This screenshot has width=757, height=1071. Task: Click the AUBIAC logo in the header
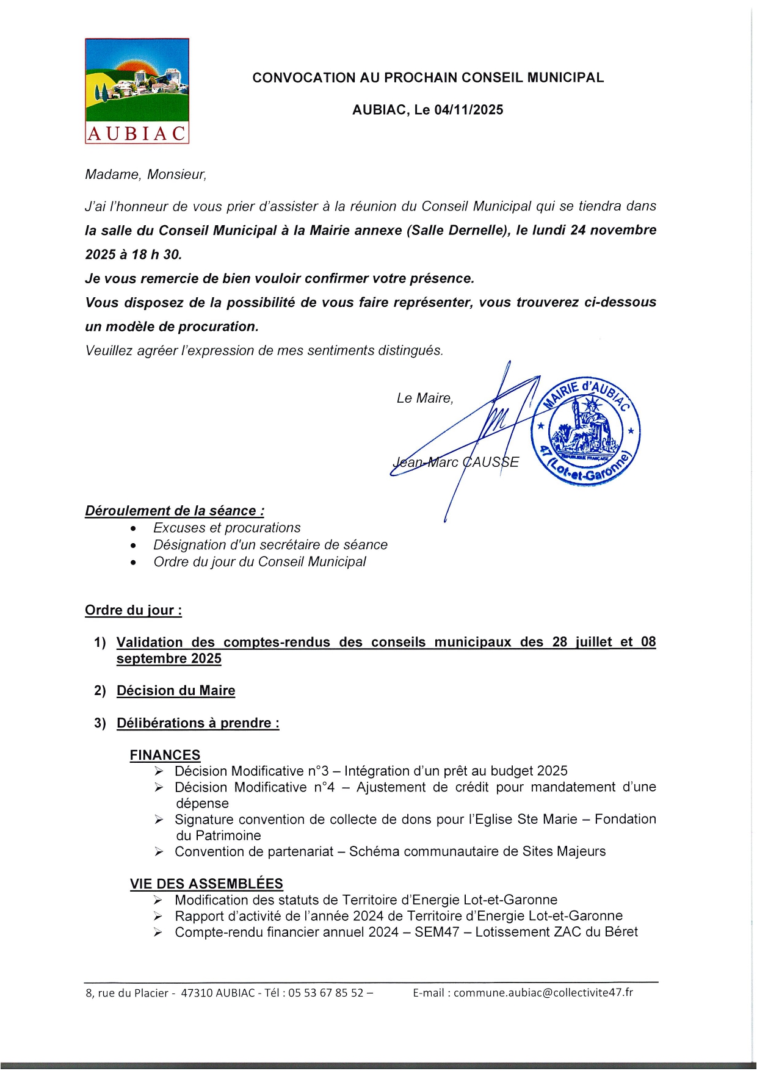[137, 91]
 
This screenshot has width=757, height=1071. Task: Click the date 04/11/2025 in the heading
[469, 110]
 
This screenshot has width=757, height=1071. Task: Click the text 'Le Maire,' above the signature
[425, 398]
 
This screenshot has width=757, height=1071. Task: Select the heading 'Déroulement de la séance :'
[175, 511]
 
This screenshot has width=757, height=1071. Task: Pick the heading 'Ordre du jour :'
[133, 610]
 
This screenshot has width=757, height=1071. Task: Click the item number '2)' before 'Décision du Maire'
[100, 691]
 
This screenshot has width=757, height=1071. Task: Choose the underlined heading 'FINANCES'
[165, 755]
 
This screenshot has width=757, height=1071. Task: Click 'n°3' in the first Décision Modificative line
[318, 771]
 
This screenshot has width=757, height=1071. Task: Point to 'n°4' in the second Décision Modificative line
[324, 787]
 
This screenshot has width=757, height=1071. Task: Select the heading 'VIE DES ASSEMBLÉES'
[206, 884]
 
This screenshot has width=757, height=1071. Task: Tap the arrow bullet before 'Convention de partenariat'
[159, 852]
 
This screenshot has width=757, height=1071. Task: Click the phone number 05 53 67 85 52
[325, 993]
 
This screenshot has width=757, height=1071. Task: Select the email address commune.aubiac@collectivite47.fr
[543, 992]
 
